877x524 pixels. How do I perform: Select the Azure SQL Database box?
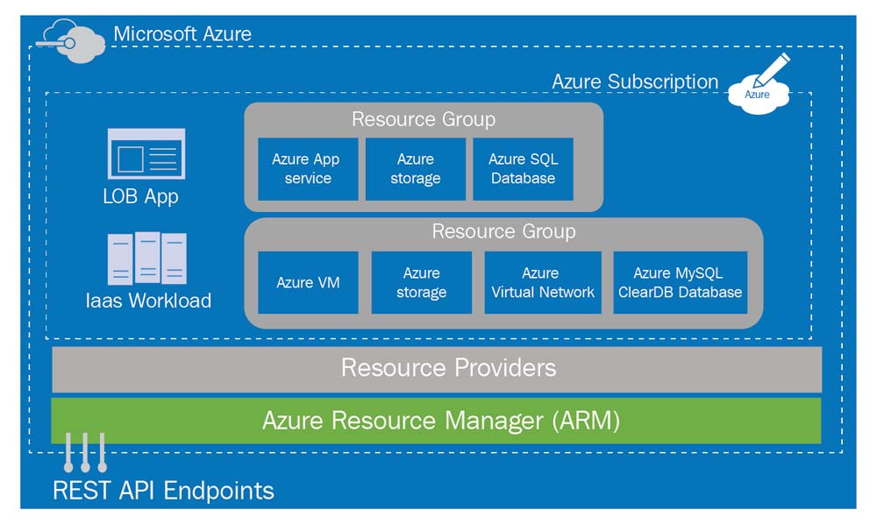(x=523, y=168)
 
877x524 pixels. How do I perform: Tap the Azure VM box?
(x=308, y=282)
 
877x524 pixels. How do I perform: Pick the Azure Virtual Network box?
(x=543, y=282)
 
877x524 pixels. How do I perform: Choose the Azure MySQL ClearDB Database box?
(x=680, y=282)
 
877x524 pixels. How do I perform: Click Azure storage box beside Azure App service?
(x=415, y=168)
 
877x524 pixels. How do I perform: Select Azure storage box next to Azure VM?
(x=421, y=282)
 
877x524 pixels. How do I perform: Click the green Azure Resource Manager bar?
(x=437, y=421)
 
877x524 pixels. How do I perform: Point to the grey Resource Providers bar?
(x=437, y=368)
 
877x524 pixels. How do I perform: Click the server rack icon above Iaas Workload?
(x=147, y=258)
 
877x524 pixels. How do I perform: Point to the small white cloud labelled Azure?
(x=757, y=95)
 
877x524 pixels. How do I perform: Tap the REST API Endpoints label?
(x=163, y=490)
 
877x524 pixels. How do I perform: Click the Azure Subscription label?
(x=635, y=81)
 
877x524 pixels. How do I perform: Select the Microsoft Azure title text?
(x=182, y=34)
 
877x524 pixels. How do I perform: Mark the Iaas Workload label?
(x=147, y=301)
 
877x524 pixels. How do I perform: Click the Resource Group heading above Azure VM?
(x=503, y=231)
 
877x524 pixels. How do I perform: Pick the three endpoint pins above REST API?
(x=85, y=450)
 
